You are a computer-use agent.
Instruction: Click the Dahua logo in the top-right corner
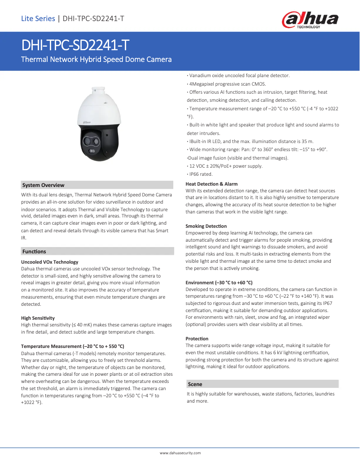coord(310,19)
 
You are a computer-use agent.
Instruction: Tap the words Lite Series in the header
coord(38,18)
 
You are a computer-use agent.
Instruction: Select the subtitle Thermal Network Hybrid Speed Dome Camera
coord(97,59)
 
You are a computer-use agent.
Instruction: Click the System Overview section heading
coord(43,185)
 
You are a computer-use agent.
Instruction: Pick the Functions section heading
coord(34,252)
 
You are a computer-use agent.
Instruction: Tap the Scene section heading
coord(195,384)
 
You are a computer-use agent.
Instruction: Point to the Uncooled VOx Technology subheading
coord(50,262)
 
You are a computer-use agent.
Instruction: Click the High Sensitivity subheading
coord(38,318)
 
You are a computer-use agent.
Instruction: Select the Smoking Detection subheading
coord(206,226)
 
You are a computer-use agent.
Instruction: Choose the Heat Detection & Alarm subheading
coord(211,184)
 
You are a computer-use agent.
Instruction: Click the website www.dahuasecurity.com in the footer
coord(180,453)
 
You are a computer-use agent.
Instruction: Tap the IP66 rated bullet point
coord(200,174)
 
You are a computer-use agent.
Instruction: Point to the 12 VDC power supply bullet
coord(224,166)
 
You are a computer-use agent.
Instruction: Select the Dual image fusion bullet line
coord(237,158)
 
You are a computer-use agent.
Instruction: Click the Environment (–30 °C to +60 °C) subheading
coord(219,282)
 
